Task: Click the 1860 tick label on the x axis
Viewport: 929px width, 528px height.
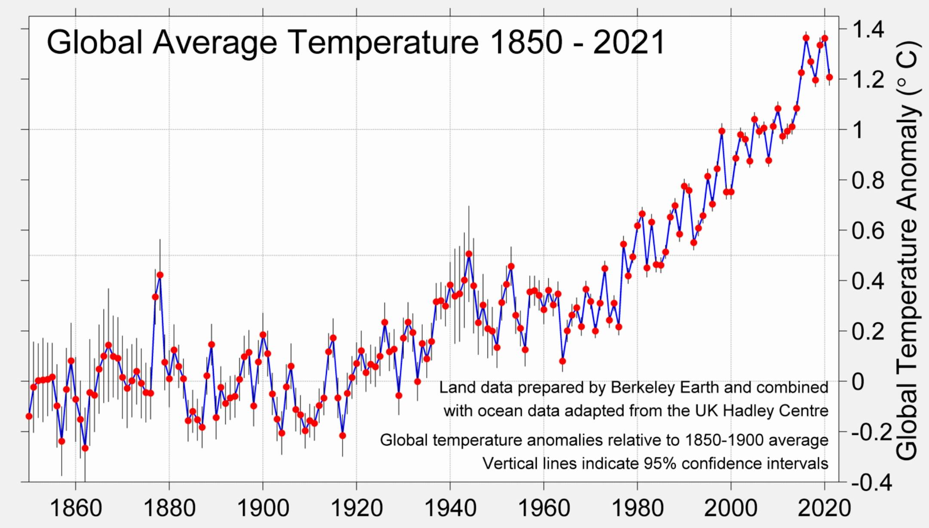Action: [76, 509]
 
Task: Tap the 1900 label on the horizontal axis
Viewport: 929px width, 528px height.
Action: [263, 509]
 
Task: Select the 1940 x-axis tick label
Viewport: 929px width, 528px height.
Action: [450, 509]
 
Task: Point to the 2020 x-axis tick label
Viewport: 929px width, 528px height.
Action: [824, 509]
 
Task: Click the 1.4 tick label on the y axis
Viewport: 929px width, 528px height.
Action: [868, 30]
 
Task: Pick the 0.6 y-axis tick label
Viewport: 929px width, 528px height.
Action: [868, 231]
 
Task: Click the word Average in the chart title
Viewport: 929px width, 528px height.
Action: [215, 43]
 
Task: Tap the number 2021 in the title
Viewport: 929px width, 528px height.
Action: [629, 43]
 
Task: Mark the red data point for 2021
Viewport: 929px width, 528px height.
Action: [829, 77]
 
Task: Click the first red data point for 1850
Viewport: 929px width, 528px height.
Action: [29, 416]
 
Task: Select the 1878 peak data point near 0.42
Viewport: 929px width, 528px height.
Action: [160, 275]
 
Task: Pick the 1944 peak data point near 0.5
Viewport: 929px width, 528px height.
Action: [469, 254]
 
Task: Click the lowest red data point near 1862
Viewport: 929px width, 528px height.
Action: [85, 448]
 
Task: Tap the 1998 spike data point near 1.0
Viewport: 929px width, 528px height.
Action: [722, 131]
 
